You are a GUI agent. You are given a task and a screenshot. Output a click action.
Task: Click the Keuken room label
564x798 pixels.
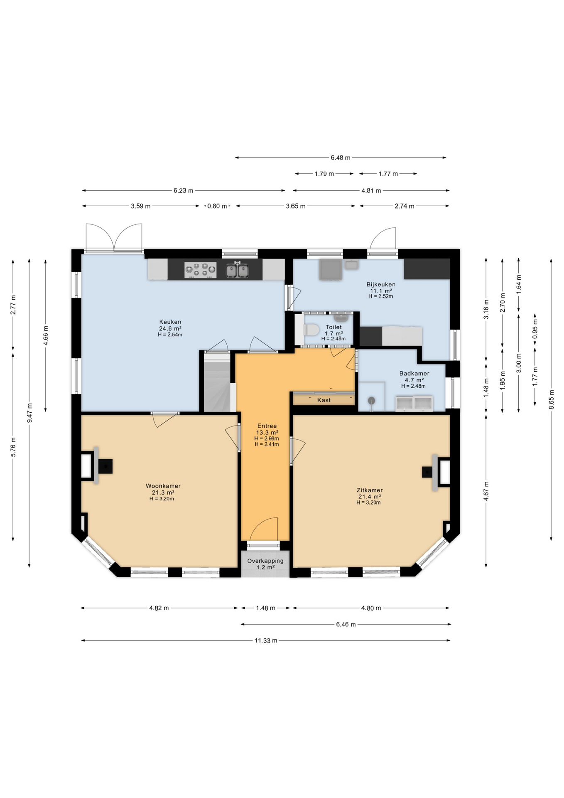(x=170, y=322)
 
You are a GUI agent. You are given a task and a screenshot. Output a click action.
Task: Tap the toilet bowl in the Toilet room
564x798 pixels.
(x=311, y=330)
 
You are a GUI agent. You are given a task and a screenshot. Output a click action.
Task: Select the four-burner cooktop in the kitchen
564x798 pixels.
(x=200, y=270)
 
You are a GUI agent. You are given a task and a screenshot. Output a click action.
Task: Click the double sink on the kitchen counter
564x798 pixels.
(x=237, y=270)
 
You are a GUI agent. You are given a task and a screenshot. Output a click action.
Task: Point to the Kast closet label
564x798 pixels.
(x=324, y=400)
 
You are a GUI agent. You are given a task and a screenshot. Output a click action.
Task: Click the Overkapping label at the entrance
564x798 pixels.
(x=265, y=561)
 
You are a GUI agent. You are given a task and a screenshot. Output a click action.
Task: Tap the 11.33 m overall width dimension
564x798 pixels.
(x=266, y=640)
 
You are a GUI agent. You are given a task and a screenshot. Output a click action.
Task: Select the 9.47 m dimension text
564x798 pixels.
(x=29, y=413)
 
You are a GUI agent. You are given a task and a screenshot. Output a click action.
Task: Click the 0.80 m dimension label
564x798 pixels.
(x=217, y=206)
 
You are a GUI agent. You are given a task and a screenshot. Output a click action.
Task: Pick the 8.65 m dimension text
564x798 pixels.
(x=551, y=399)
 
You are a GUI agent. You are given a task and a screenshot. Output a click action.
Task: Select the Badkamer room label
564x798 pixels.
(x=414, y=373)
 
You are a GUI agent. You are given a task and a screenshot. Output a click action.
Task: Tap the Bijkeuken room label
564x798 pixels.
(x=381, y=284)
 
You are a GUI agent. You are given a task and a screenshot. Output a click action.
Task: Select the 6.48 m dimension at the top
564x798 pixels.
(x=341, y=158)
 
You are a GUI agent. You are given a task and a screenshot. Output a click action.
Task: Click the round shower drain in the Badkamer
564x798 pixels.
(x=371, y=400)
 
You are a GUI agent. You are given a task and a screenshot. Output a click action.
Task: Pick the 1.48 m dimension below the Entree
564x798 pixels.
(x=266, y=608)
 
